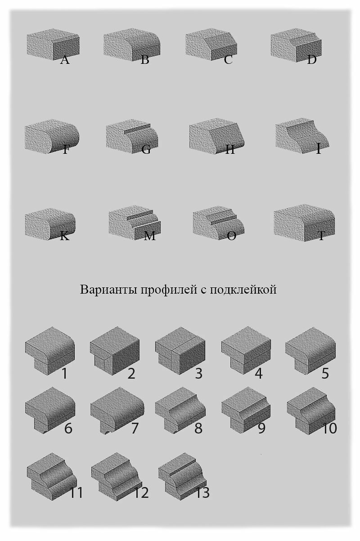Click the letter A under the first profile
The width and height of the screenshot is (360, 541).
pyautogui.click(x=64, y=60)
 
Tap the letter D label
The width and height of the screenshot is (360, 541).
pyautogui.click(x=312, y=60)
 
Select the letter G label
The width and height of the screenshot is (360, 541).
pyautogui.click(x=146, y=149)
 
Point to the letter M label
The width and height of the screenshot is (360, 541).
pyautogui.click(x=150, y=236)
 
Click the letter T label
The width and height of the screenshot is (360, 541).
pyautogui.click(x=321, y=236)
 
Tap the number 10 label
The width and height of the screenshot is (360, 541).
pyautogui.click(x=329, y=428)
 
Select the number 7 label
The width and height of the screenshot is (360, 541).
pyautogui.click(x=135, y=428)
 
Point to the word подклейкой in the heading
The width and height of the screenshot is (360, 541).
pyautogui.click(x=243, y=289)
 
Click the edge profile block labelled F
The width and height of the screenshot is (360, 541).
pyautogui.click(x=52, y=136)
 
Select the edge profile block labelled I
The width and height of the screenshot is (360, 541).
pyautogui.click(x=302, y=135)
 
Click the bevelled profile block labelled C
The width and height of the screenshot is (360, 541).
pyautogui.click(x=211, y=45)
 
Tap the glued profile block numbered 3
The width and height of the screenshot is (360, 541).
pyautogui.click(x=180, y=351)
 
